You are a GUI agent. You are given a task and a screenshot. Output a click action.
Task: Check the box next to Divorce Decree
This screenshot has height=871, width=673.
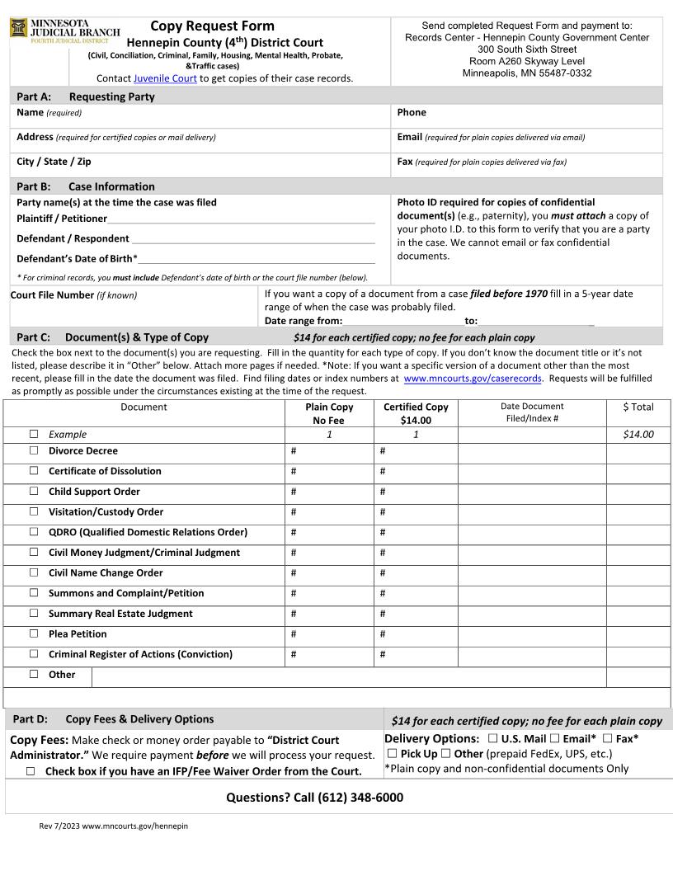tap(34, 451)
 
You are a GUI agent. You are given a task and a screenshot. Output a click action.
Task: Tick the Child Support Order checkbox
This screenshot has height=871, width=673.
tap(34, 492)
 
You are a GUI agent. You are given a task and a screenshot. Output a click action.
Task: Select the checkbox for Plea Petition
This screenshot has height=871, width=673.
tap(34, 634)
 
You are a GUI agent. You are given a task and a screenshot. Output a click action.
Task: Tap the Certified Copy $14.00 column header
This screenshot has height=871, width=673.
tap(416, 413)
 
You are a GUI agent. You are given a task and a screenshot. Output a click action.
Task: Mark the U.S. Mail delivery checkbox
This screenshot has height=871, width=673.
tap(492, 739)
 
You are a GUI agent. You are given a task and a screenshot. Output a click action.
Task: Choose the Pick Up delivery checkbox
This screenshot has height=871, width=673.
tap(393, 754)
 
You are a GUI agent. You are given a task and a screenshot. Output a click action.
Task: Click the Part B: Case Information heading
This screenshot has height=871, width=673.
tap(86, 186)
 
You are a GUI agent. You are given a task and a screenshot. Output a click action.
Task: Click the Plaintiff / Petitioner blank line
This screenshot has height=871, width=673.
tap(241, 219)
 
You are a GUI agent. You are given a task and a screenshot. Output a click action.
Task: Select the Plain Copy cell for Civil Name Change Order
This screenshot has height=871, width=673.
tap(329, 573)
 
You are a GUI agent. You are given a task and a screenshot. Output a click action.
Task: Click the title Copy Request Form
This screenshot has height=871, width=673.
tap(212, 26)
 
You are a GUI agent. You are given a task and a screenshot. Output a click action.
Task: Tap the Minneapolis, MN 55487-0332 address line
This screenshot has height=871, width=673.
tap(526, 73)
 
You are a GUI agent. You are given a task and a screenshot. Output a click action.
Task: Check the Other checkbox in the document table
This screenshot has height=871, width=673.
tap(34, 675)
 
